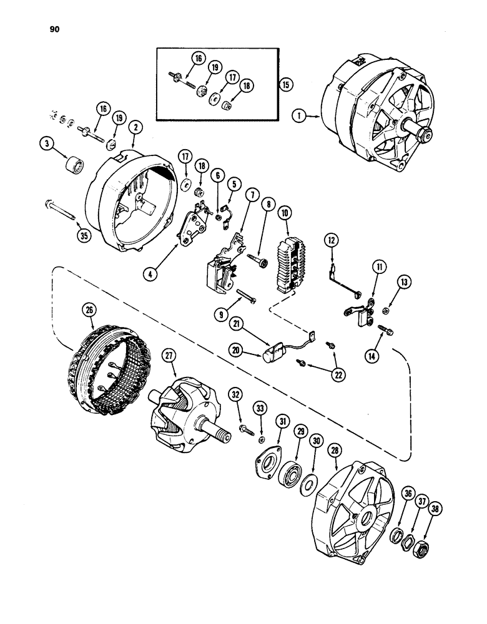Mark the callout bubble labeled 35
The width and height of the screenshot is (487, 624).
[81, 235]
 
